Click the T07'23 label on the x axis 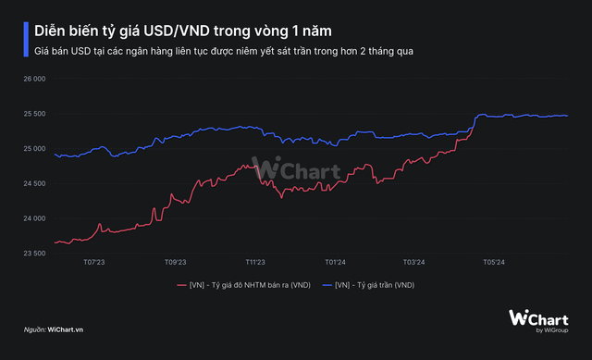(x=93, y=263)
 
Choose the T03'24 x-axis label (x=413, y=263)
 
